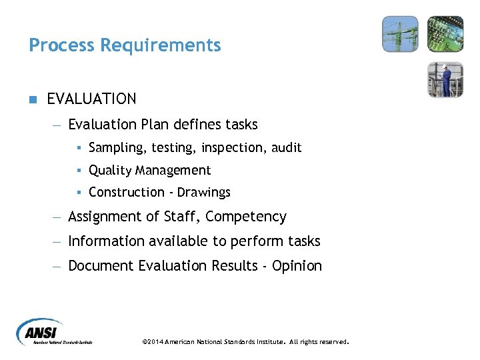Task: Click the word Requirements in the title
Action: [160, 45]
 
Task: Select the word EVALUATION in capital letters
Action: [91, 99]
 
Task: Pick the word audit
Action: [287, 147]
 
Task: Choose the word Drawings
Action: [204, 193]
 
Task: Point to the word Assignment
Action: [104, 217]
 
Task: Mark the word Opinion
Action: [297, 266]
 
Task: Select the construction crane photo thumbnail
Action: [400, 34]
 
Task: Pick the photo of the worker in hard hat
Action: [445, 79]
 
